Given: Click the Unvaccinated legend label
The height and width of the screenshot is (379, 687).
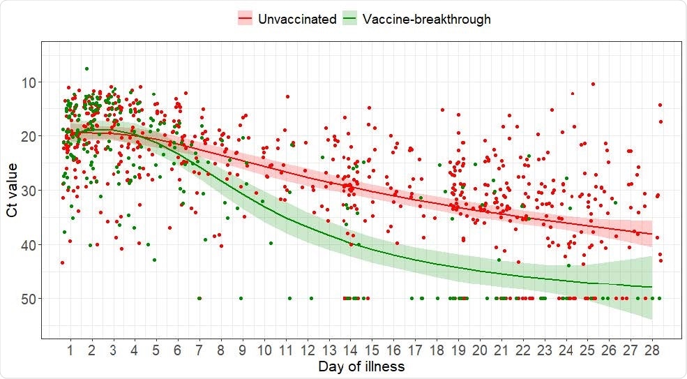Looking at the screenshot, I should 296,19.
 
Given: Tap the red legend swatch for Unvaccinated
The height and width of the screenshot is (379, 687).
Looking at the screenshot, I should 245,19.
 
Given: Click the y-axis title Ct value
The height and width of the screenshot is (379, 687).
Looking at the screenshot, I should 13,190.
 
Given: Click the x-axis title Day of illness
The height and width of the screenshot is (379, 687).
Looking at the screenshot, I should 361,366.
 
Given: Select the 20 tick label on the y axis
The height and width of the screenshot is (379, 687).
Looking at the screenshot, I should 31,136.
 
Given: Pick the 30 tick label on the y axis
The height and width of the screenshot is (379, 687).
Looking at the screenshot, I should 31,191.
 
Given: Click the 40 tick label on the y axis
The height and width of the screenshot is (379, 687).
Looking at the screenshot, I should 31,244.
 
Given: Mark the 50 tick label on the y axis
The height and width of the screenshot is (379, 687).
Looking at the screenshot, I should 31,299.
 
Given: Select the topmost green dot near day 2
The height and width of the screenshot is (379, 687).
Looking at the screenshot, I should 86,68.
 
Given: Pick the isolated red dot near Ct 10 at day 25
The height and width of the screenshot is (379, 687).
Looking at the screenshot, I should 593,84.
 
